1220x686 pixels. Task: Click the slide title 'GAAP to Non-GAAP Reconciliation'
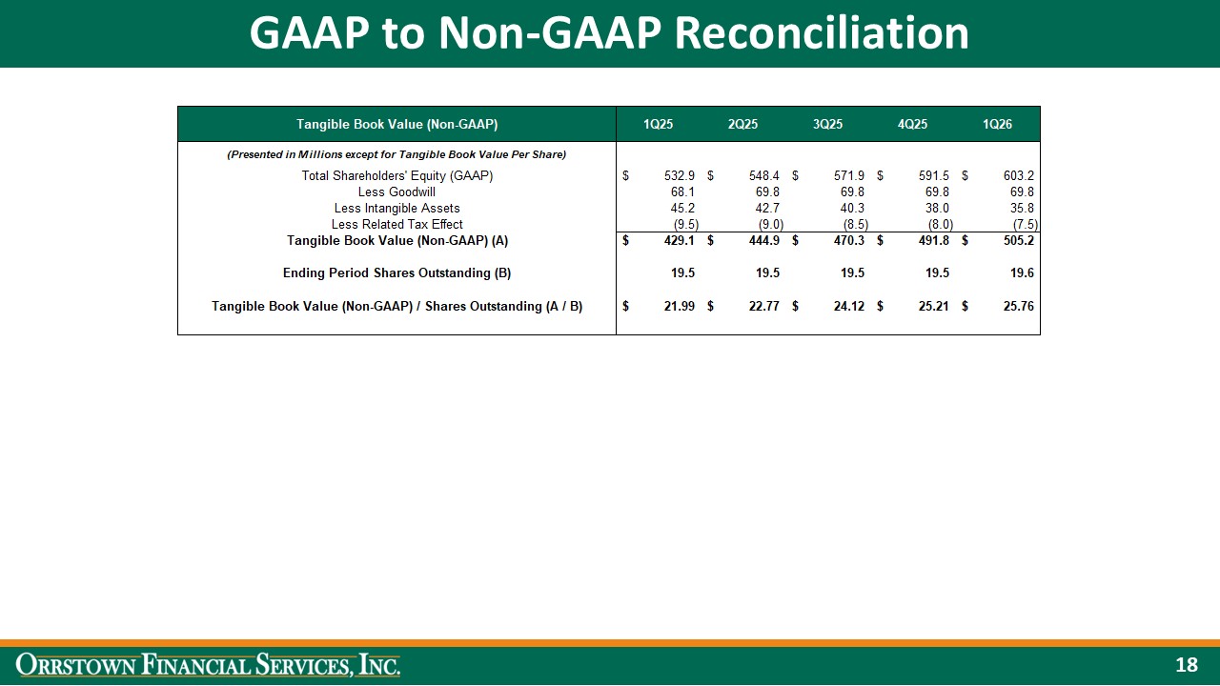tap(609, 33)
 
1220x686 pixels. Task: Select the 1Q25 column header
tap(658, 124)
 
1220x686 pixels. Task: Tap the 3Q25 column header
tap(827, 124)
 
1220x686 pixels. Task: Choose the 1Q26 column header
tap(997, 124)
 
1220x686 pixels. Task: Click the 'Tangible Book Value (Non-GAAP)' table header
tap(396, 124)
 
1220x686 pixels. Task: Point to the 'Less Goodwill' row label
tap(396, 192)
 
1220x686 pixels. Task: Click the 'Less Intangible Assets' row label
tap(396, 208)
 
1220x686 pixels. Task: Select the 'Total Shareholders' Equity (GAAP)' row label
tap(396, 176)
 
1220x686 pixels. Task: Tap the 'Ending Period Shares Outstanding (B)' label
tap(396, 272)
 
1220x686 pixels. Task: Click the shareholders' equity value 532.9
tap(679, 176)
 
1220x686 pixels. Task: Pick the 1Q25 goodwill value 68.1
tap(682, 192)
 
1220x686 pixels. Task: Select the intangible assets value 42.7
tap(767, 208)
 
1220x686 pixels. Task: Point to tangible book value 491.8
tap(933, 241)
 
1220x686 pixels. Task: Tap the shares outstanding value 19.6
tap(1022, 272)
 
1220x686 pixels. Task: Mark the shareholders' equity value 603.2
tap(1019, 176)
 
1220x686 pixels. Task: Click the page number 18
tap(1186, 665)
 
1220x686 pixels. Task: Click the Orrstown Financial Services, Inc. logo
tap(208, 665)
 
